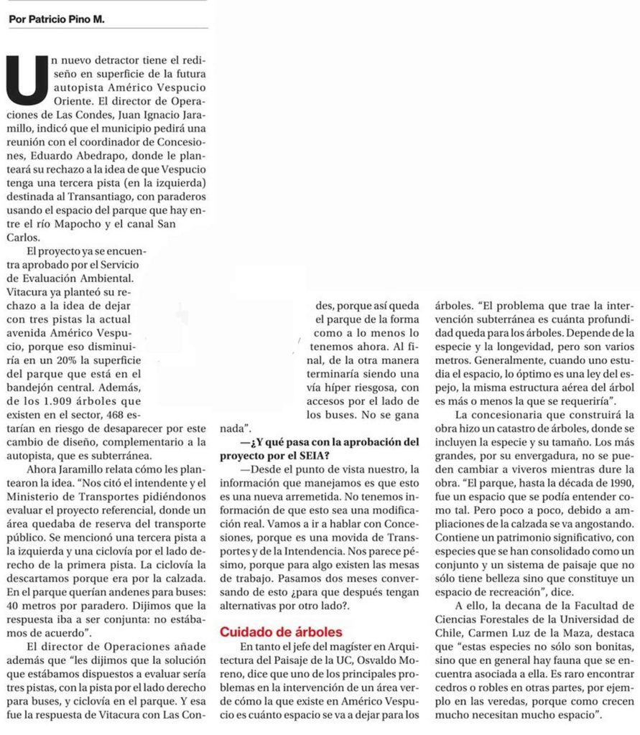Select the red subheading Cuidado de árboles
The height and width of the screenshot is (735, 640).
(281, 632)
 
